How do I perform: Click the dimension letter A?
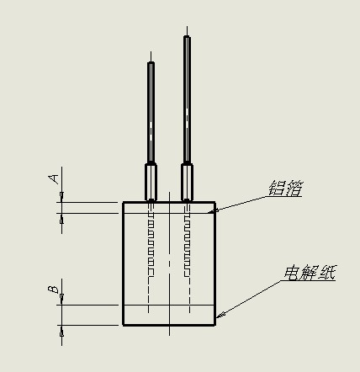tap(54, 178)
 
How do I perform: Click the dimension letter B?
tap(53, 290)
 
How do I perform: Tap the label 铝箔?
tap(286, 188)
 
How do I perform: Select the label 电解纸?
tap(310, 273)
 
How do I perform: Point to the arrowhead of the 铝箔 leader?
tap(215, 210)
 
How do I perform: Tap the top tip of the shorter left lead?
tap(151, 51)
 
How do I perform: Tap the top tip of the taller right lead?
tap(187, 27)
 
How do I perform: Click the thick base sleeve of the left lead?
tap(151, 182)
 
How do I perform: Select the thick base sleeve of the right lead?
tap(187, 182)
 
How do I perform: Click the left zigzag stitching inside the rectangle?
tap(151, 244)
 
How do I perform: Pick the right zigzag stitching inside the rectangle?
tap(187, 244)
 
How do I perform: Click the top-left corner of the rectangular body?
tap(123, 202)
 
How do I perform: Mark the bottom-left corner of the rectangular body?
tap(123, 325)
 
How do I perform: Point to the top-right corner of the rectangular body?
tap(215, 202)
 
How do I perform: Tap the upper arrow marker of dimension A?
tap(61, 194)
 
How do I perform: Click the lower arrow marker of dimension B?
tap(61, 333)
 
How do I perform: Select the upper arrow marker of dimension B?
tap(61, 296)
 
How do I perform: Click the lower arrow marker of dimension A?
tap(61, 221)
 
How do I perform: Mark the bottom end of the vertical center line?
tap(169, 335)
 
